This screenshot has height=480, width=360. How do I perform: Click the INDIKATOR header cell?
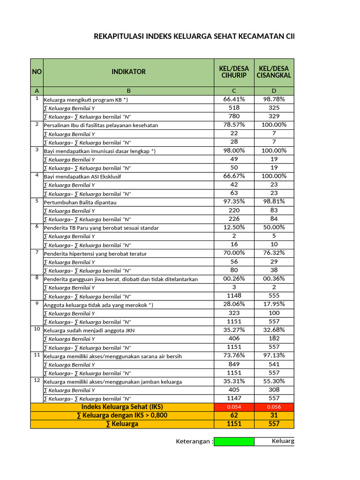(x=128, y=72)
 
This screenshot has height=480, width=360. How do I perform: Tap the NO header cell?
(x=37, y=72)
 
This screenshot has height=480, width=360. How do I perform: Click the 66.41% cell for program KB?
(x=234, y=99)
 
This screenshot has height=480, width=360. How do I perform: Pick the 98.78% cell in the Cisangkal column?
(x=274, y=99)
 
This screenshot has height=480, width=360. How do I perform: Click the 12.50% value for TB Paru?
(x=234, y=227)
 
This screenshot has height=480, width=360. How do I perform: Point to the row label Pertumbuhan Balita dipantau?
(x=80, y=202)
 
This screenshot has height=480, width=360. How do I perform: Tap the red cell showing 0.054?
(x=234, y=407)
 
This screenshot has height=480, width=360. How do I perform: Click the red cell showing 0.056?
(x=274, y=407)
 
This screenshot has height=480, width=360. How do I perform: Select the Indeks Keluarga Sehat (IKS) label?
(x=122, y=407)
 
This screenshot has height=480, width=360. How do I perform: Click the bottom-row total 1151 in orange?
(x=234, y=424)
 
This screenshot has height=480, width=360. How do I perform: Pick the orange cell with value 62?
(x=234, y=415)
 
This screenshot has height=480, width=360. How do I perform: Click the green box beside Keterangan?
(x=234, y=442)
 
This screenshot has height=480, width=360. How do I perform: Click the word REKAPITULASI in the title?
(x=120, y=36)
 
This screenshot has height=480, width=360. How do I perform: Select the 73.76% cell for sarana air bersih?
(x=234, y=355)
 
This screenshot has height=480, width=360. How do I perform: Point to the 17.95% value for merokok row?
(x=274, y=304)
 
